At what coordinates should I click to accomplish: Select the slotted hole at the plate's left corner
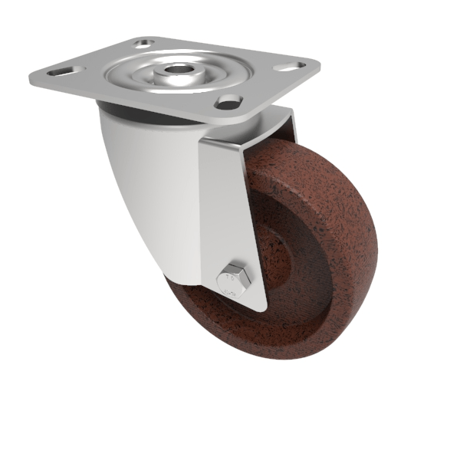tap(55, 72)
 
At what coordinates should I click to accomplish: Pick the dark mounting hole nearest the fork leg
tap(228, 101)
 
